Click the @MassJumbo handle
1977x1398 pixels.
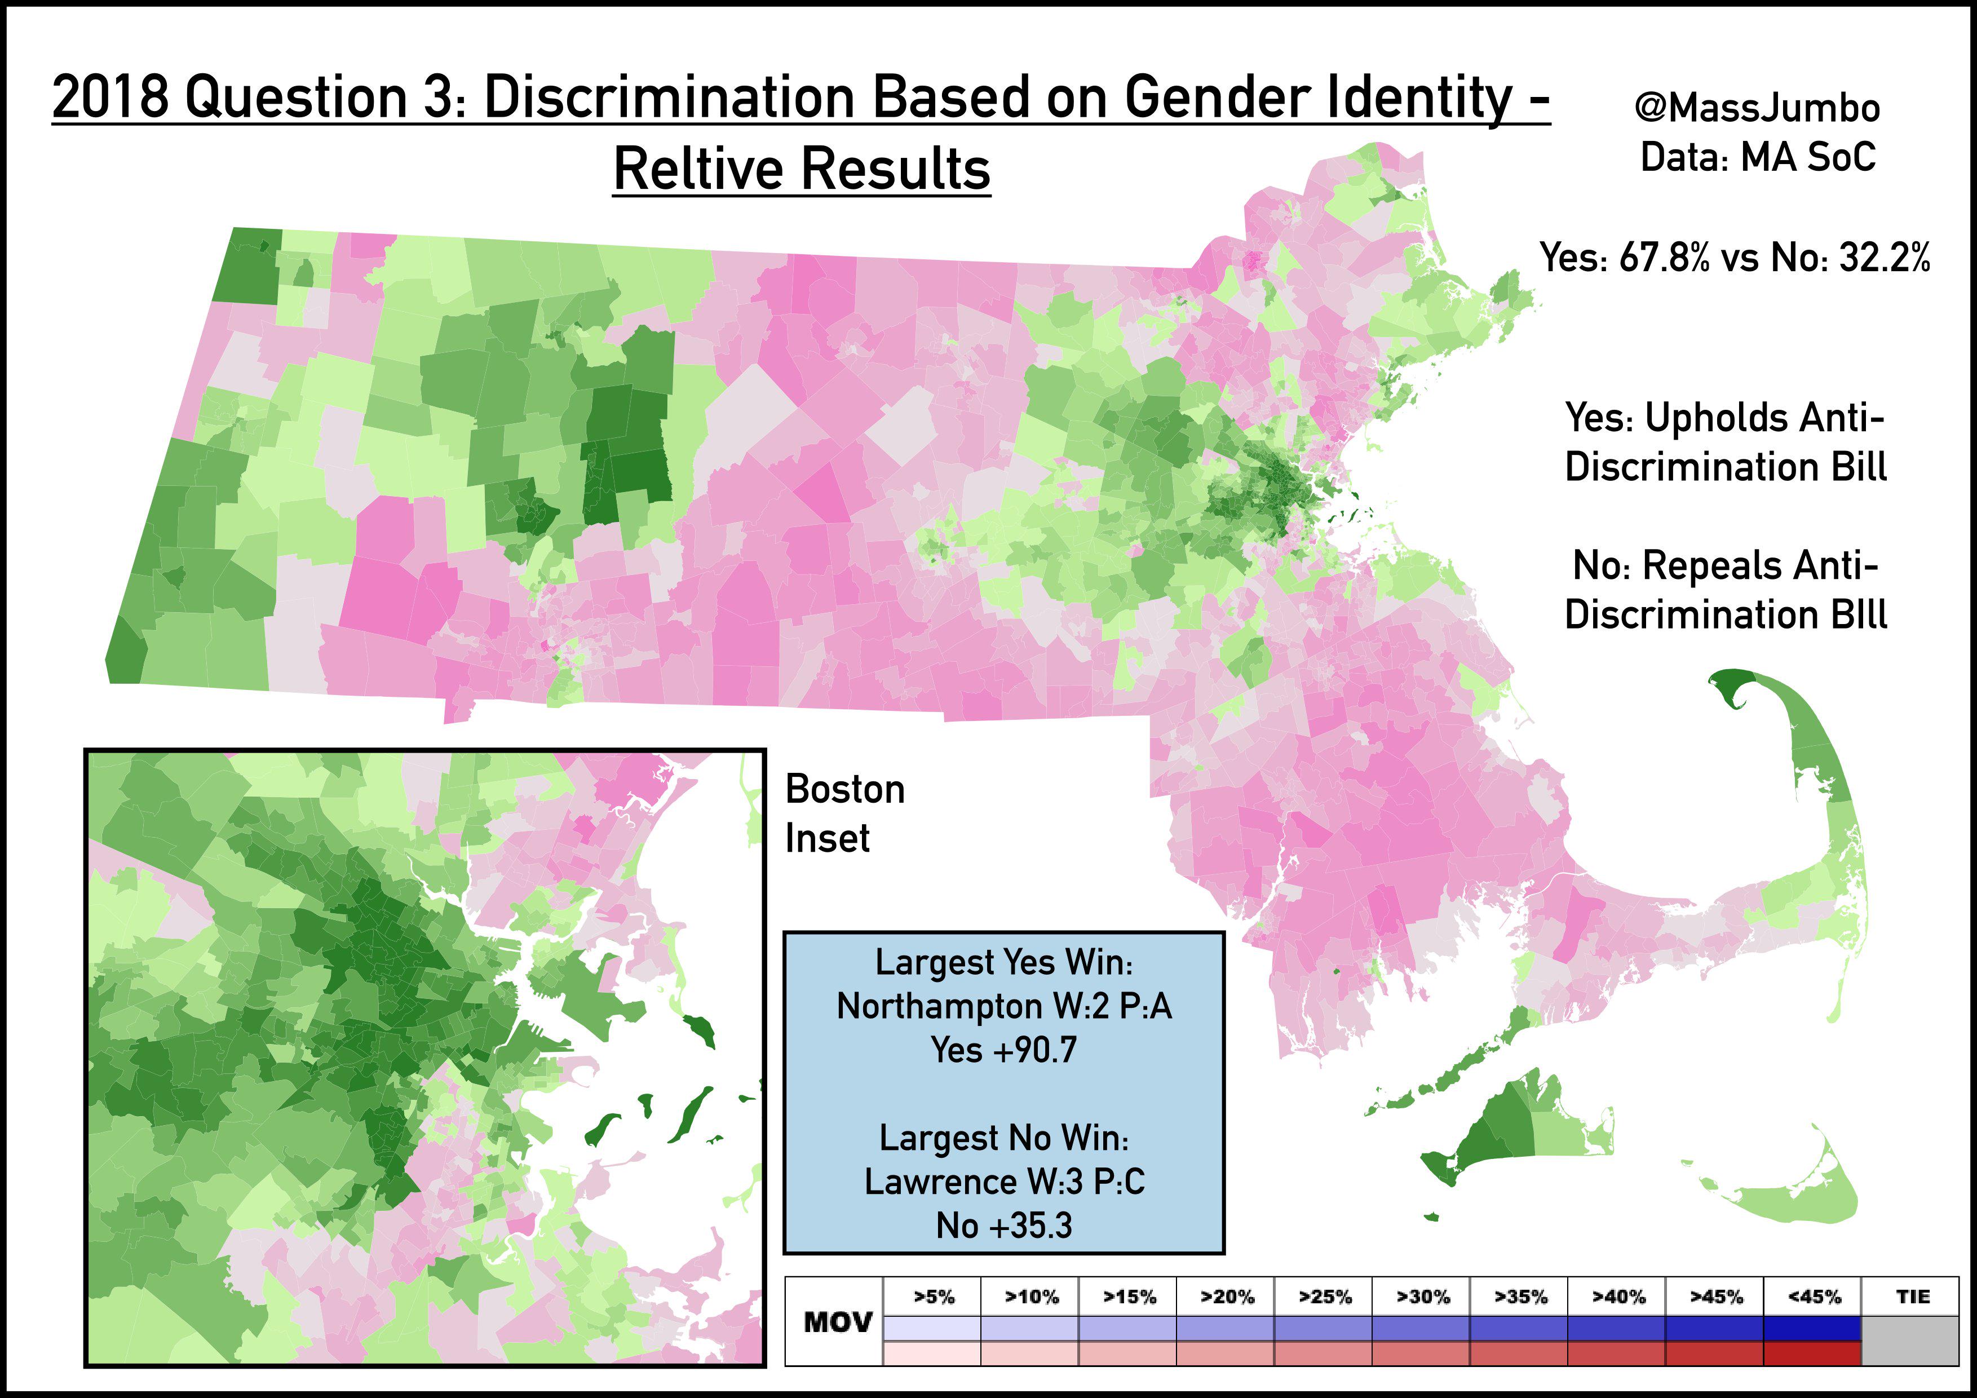click(1757, 108)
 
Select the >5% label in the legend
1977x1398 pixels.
click(934, 1297)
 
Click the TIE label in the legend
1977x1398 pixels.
click(1912, 1297)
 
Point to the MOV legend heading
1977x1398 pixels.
click(837, 1322)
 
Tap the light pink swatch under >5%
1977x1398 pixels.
click(932, 1353)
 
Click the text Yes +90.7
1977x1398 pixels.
click(1004, 1050)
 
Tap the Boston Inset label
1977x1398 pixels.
click(844, 813)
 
